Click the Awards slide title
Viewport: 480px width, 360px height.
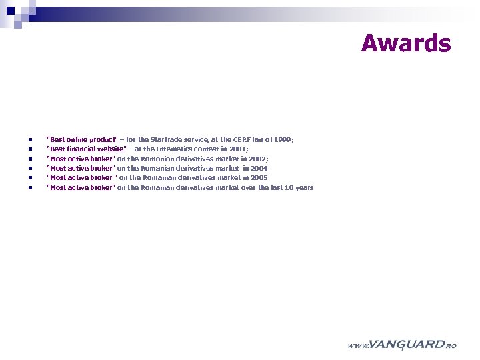pyautogui.click(x=405, y=43)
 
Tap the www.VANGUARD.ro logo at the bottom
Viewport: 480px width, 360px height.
pyautogui.click(x=402, y=345)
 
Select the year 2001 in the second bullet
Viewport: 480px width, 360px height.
pyautogui.click(x=238, y=149)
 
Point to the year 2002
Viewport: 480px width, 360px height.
pyautogui.click(x=258, y=159)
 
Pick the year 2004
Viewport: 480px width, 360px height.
pyautogui.click(x=259, y=169)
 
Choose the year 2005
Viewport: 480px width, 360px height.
pyautogui.click(x=259, y=178)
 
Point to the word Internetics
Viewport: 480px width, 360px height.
pyautogui.click(x=177, y=149)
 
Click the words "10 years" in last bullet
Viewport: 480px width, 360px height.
pyautogui.click(x=299, y=188)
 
